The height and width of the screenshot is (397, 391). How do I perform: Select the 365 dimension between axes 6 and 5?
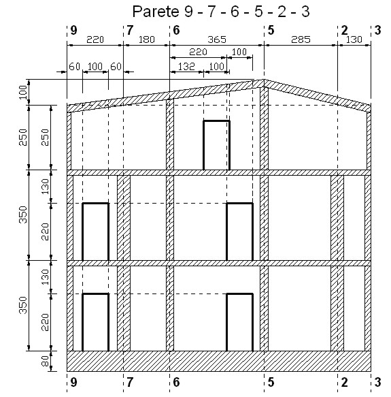click(217, 39)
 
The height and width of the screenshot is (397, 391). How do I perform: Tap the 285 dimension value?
click(301, 39)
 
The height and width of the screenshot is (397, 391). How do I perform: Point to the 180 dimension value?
click(147, 39)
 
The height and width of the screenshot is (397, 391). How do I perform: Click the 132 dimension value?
click(186, 67)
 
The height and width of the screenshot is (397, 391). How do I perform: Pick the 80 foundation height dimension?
click(45, 361)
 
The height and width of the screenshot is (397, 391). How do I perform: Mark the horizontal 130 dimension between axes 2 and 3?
click(354, 39)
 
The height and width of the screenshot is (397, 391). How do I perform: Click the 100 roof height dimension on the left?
click(22, 92)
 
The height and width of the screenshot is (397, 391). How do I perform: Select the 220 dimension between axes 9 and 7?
click(95, 39)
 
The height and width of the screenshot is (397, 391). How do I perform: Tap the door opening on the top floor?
click(216, 145)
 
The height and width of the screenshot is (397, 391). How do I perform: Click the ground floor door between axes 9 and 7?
click(96, 322)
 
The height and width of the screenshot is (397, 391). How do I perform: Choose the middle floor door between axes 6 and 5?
click(239, 232)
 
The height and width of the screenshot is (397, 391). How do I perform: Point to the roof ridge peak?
click(264, 80)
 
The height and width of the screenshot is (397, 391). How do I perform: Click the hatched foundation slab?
click(219, 362)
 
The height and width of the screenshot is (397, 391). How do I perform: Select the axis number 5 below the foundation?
click(271, 382)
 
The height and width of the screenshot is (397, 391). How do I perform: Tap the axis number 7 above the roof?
click(129, 31)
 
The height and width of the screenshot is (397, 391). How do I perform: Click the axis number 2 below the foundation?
click(344, 382)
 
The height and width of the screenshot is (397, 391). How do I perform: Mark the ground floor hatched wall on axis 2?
click(337, 308)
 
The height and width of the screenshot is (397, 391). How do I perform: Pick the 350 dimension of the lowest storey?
click(22, 305)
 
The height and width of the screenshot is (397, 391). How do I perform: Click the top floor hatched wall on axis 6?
click(170, 134)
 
